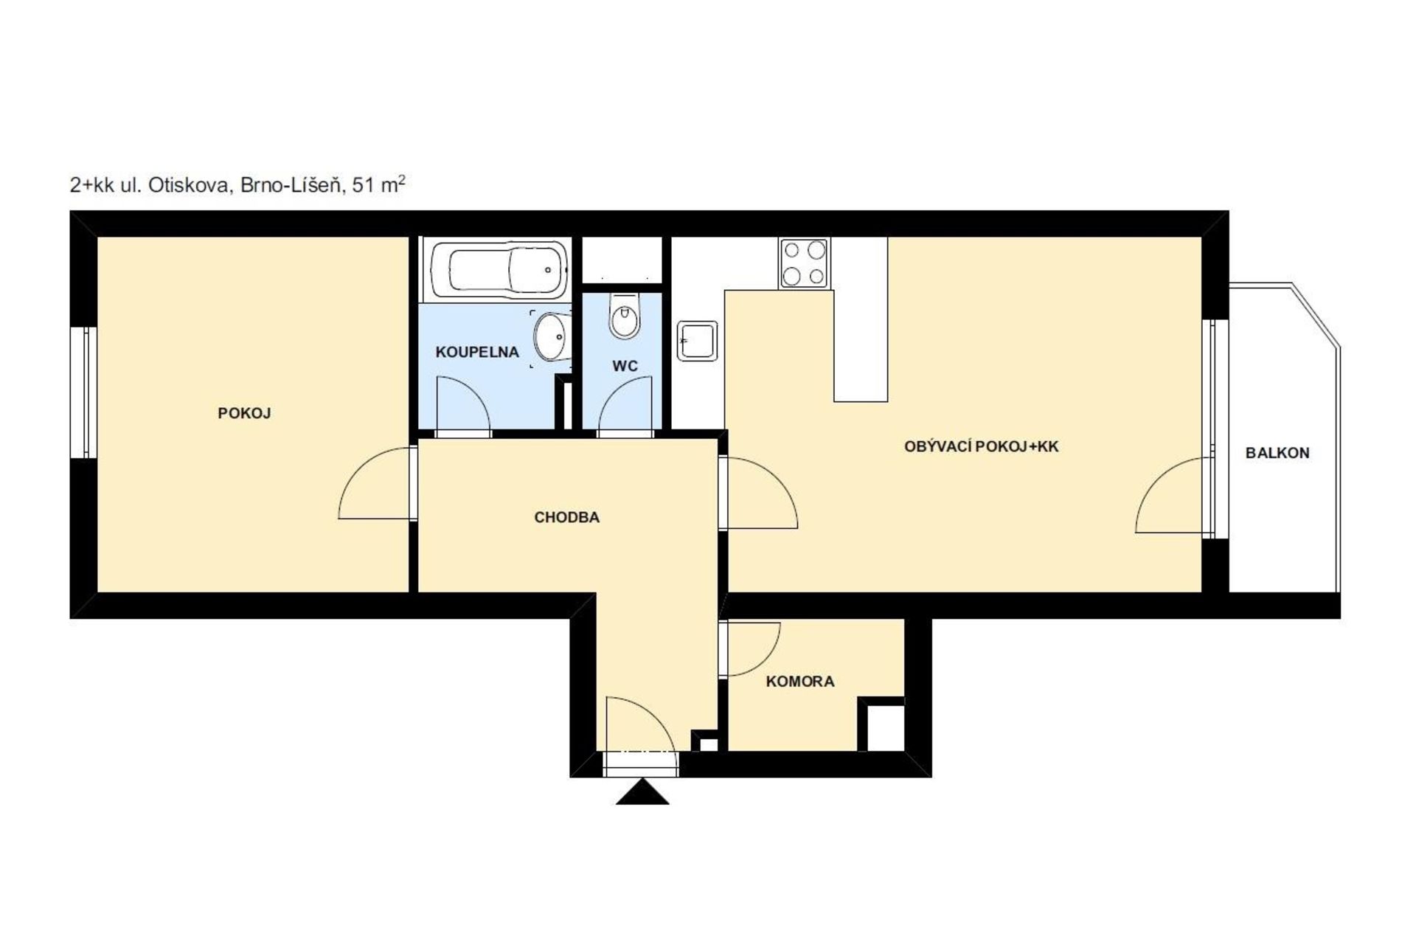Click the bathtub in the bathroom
(499, 269)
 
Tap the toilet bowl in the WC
(625, 316)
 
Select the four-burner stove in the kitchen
(804, 263)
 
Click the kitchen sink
(697, 341)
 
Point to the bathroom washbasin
(551, 337)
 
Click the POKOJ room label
(244, 413)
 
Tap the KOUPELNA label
(477, 352)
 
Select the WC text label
(625, 366)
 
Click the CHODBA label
(566, 517)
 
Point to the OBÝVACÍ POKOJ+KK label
(981, 446)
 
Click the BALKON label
(1277, 453)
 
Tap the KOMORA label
(800, 682)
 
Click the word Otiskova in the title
(191, 185)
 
